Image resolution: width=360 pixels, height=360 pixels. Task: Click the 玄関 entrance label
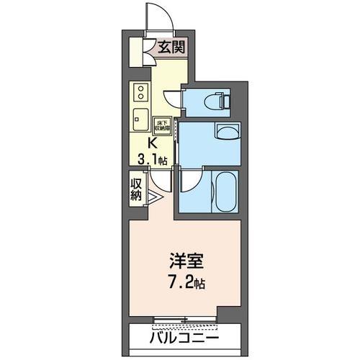click(x=171, y=49)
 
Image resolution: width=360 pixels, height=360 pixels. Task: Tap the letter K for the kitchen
click(x=153, y=142)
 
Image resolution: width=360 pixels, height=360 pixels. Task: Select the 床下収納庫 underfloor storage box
click(x=163, y=126)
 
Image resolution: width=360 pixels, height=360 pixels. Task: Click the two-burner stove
click(x=140, y=94)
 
